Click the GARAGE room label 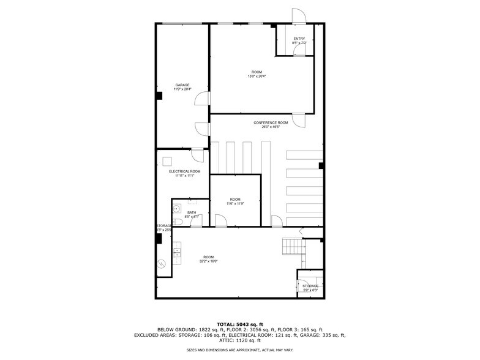pos(182,85)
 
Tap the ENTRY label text pos(299,39)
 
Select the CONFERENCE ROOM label pos(270,122)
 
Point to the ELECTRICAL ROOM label pos(184,171)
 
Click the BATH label pos(192,212)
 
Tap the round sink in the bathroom pos(176,208)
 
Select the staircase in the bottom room pos(293,247)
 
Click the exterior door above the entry pos(298,17)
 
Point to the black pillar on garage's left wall pos(159,96)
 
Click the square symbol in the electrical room pos(167,161)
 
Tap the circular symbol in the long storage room pos(162,264)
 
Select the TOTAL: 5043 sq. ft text pos(239,324)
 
